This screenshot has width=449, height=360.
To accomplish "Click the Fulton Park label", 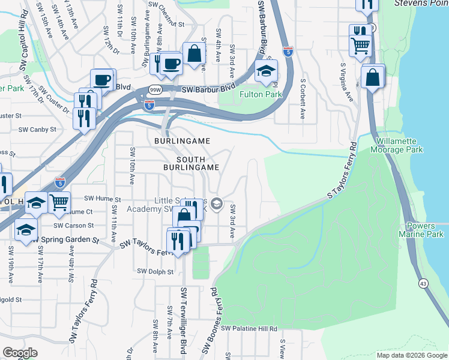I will pyautogui.click(x=261, y=94).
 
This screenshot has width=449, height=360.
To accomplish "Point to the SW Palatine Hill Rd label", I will pyautogui.click(x=249, y=329).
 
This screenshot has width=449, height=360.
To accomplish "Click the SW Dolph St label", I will pyautogui.click(x=155, y=272).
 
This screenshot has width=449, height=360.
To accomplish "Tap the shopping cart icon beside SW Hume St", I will pyautogui.click(x=59, y=203).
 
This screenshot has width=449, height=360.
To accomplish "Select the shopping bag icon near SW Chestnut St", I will pyautogui.click(x=194, y=54).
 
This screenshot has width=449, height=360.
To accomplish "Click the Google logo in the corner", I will pyautogui.click(x=20, y=353).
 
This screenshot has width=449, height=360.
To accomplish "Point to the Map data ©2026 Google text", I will pyautogui.click(x=412, y=355).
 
